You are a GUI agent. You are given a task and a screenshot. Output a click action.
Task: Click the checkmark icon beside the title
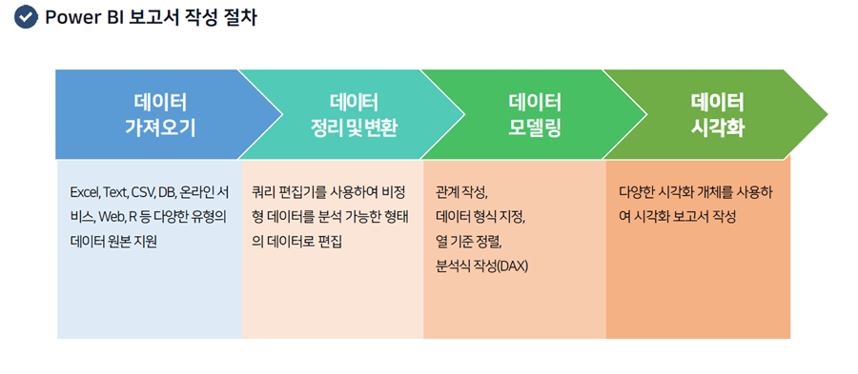point(26,17)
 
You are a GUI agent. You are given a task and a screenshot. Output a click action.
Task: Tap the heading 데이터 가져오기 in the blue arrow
point(160,114)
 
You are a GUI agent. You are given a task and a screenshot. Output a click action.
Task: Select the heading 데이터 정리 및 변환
point(354,114)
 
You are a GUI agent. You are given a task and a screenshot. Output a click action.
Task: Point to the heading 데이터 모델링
point(535,114)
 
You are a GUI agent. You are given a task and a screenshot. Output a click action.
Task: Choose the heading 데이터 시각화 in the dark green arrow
point(717,114)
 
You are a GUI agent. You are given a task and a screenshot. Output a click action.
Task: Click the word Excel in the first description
point(84,193)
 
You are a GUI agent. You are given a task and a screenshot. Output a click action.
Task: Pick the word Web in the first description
point(112,217)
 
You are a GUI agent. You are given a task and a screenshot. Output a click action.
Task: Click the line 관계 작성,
point(461,193)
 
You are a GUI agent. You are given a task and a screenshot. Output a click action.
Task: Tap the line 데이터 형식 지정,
point(480,217)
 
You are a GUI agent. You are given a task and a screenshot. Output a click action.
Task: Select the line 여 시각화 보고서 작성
point(678,217)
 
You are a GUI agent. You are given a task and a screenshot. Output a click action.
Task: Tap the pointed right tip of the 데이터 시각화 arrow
point(827,114)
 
